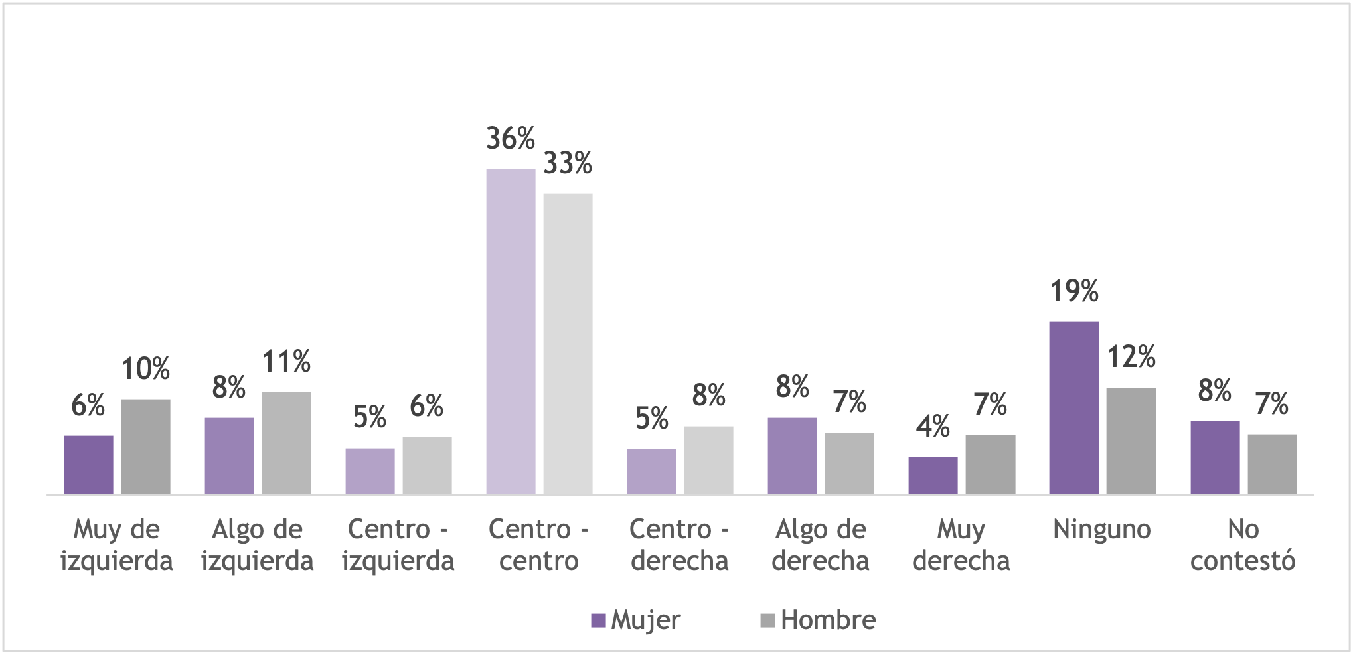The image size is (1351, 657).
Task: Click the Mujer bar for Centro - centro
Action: [x=511, y=331]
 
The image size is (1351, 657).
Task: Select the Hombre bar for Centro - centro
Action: [x=568, y=343]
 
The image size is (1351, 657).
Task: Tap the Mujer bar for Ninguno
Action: [x=1073, y=407]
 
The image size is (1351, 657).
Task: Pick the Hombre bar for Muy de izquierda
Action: [x=145, y=446]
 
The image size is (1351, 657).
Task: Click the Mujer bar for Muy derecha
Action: [x=933, y=475]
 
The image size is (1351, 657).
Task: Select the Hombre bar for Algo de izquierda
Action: [x=286, y=443]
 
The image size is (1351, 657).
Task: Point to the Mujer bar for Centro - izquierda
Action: [x=370, y=471]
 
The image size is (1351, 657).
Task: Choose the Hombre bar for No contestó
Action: [x=1271, y=464]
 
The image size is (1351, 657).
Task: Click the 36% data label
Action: [x=511, y=139]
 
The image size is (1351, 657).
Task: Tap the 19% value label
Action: [x=1073, y=291]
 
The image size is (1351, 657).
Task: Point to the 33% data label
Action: [x=568, y=163]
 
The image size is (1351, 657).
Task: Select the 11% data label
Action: [x=286, y=362]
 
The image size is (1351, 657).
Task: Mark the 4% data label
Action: [x=933, y=427]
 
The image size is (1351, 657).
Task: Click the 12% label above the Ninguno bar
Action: [x=1131, y=357]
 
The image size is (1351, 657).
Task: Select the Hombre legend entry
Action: [x=818, y=620]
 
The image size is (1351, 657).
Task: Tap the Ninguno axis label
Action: [x=1101, y=530]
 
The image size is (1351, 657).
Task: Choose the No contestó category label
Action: [x=1242, y=546]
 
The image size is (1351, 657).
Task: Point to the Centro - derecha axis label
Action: [x=679, y=546]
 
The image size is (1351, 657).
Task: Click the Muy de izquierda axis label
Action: [x=116, y=546]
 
